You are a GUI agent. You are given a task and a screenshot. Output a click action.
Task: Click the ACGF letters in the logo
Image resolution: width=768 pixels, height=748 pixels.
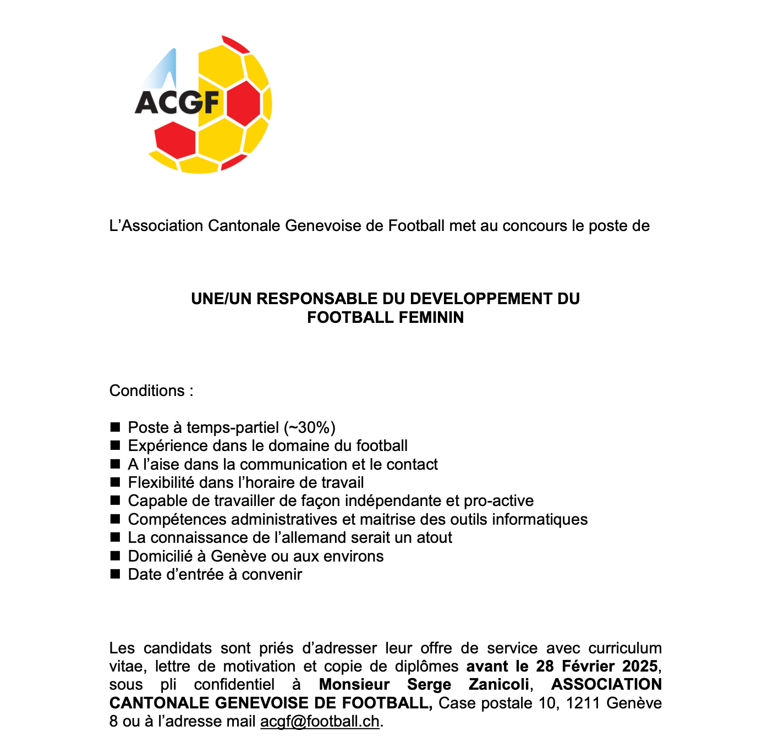click(177, 102)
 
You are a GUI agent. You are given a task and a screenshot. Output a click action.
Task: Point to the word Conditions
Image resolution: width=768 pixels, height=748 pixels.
click(147, 391)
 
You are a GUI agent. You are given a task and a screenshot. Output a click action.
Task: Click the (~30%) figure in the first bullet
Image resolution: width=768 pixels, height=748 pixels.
click(309, 427)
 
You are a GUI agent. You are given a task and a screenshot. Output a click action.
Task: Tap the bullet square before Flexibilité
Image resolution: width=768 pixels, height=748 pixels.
click(115, 482)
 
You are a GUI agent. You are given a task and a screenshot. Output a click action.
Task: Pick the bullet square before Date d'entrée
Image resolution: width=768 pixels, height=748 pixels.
click(115, 574)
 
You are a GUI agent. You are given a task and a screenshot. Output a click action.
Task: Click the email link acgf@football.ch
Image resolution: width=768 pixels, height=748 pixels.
click(320, 721)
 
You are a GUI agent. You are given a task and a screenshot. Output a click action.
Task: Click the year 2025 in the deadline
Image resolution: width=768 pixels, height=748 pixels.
click(640, 666)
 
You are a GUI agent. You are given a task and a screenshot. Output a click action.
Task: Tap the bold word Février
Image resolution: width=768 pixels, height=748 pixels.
click(588, 666)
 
